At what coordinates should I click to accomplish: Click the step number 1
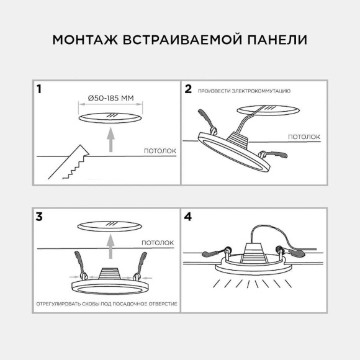[x=40, y=89]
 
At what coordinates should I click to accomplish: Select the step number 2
[x=188, y=89]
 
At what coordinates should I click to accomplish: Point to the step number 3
[x=40, y=217]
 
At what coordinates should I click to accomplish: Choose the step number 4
[x=189, y=217]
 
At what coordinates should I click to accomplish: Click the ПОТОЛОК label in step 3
[x=157, y=243]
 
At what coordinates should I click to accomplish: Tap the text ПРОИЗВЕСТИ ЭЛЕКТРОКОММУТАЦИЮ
[x=244, y=91]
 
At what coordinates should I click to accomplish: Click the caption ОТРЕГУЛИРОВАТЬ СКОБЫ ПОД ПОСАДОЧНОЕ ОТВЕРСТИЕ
[x=106, y=304]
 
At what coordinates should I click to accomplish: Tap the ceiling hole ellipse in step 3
[x=110, y=226]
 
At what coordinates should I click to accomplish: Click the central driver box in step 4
[x=251, y=253]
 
